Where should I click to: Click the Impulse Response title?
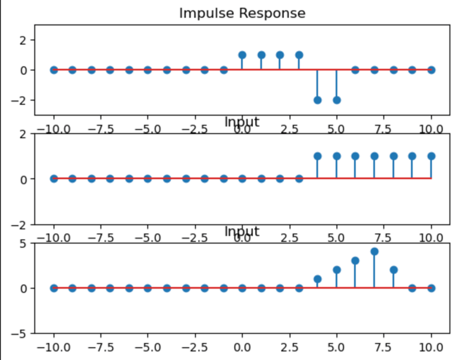pyautogui.click(x=242, y=13)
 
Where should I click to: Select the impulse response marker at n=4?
pyautogui.click(x=317, y=100)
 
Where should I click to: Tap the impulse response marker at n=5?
pyautogui.click(x=336, y=100)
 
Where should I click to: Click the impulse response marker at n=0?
pyautogui.click(x=242, y=55)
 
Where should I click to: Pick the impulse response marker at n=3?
pyautogui.click(x=299, y=55)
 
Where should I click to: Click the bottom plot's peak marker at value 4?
pyautogui.click(x=374, y=252)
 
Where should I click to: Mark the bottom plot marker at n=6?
pyautogui.click(x=355, y=261)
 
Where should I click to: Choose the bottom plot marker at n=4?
pyautogui.click(x=317, y=279)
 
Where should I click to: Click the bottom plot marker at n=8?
pyautogui.click(x=393, y=270)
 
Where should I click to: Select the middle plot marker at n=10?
pyautogui.click(x=431, y=156)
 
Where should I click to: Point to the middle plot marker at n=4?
pyautogui.click(x=317, y=156)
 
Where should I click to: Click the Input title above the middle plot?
pyautogui.click(x=242, y=122)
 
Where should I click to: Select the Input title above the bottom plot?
pyautogui.click(x=242, y=231)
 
